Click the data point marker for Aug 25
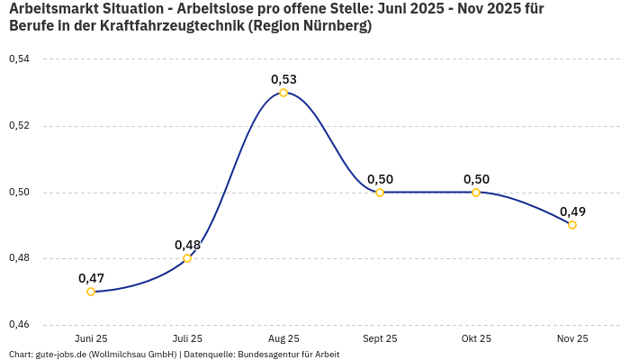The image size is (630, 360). [x=283, y=93]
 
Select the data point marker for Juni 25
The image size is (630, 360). [x=91, y=292]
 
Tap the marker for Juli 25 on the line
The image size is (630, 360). [x=187, y=258]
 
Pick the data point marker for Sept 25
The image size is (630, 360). [x=380, y=193]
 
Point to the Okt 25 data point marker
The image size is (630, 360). [x=476, y=193]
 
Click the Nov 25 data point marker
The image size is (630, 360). [x=572, y=225]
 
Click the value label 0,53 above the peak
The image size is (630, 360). [x=283, y=79]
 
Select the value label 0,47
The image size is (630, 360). [x=91, y=278]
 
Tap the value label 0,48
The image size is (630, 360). [x=187, y=245]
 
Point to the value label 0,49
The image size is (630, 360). [x=572, y=211]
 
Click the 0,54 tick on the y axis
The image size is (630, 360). [x=19, y=59]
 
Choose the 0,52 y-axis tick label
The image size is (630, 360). [x=19, y=126]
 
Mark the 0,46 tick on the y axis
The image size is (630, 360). [x=19, y=324]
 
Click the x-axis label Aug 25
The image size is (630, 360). [x=283, y=338]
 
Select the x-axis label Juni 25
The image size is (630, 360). [x=91, y=338]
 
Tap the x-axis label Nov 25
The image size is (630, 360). [x=572, y=338]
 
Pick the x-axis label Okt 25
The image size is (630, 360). [x=476, y=338]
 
